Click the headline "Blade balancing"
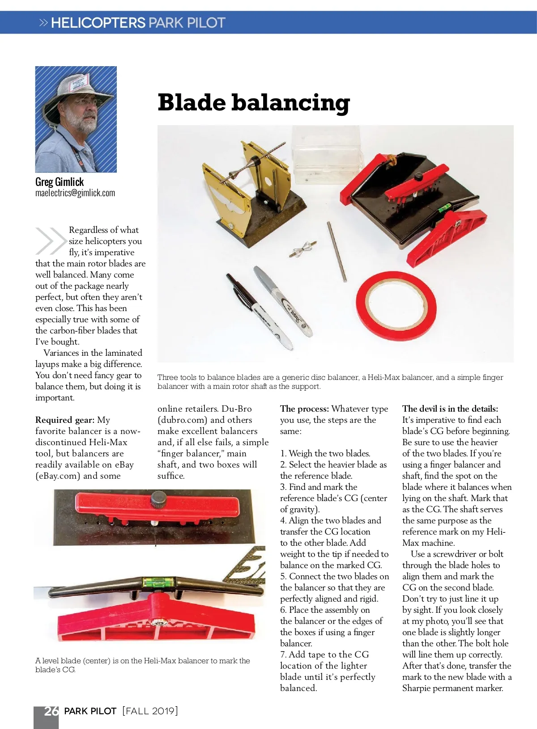tap(253, 103)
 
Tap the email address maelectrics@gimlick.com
tap(75, 193)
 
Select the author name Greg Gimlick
tap(60, 182)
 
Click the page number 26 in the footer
tap(51, 711)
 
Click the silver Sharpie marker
tap(284, 302)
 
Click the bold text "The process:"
tap(304, 409)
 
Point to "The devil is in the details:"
tap(450, 409)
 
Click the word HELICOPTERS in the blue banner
tap(98, 23)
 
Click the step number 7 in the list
tap(283, 654)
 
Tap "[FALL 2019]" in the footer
tap(150, 711)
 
